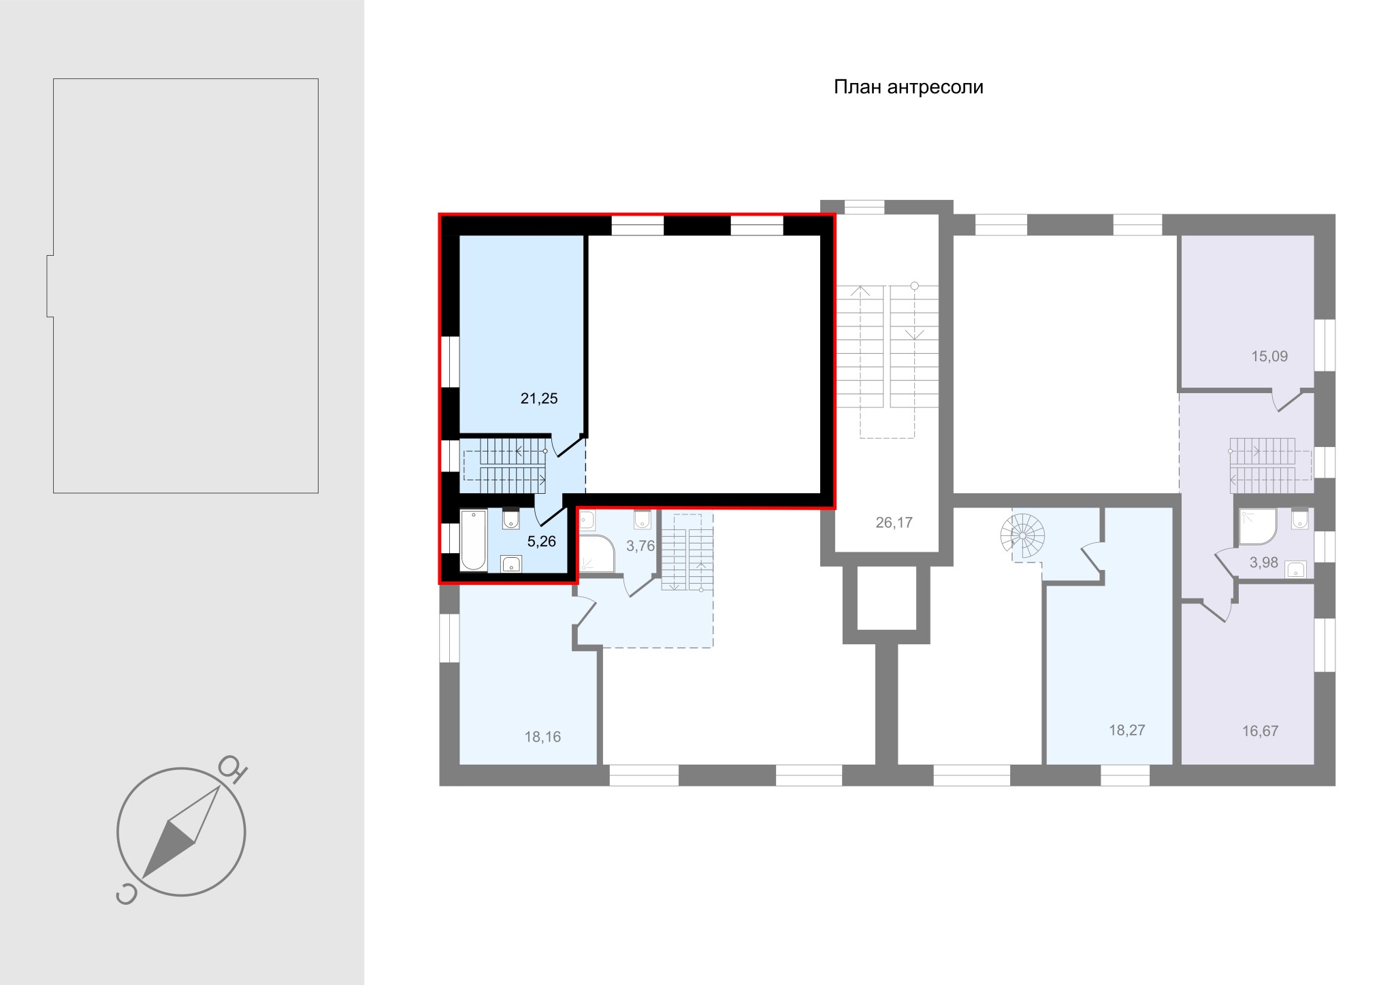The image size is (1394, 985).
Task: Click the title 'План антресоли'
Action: (909, 88)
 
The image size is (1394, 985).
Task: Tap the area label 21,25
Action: (539, 399)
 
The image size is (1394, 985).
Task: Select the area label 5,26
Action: (542, 542)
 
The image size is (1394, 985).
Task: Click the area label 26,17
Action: (894, 522)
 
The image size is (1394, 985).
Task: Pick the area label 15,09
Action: (1269, 356)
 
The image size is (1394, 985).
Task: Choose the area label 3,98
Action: (1263, 563)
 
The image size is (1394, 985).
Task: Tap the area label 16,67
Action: (1260, 731)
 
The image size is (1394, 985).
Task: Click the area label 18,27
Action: (1127, 731)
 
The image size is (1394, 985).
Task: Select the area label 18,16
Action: (542, 737)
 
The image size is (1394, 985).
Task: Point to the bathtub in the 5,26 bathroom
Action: (474, 541)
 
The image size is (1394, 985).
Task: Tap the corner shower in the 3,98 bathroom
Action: (1258, 527)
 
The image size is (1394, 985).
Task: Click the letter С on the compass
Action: (126, 895)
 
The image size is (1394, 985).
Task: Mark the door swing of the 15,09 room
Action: (1286, 401)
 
